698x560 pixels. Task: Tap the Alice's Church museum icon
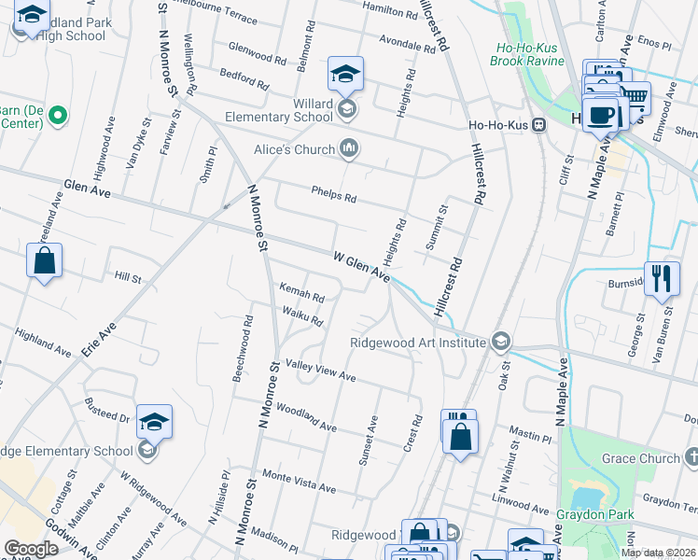(x=351, y=147)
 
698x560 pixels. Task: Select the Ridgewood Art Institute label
(x=417, y=343)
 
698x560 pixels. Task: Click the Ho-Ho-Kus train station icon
(x=539, y=128)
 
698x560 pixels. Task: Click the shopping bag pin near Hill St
(x=45, y=261)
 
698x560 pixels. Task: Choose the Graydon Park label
(x=592, y=514)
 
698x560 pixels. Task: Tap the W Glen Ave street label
(x=361, y=264)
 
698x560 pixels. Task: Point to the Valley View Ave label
(x=321, y=371)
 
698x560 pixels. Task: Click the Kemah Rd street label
(x=301, y=295)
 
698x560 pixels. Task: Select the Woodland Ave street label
(x=306, y=417)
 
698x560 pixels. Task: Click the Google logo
(x=31, y=549)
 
